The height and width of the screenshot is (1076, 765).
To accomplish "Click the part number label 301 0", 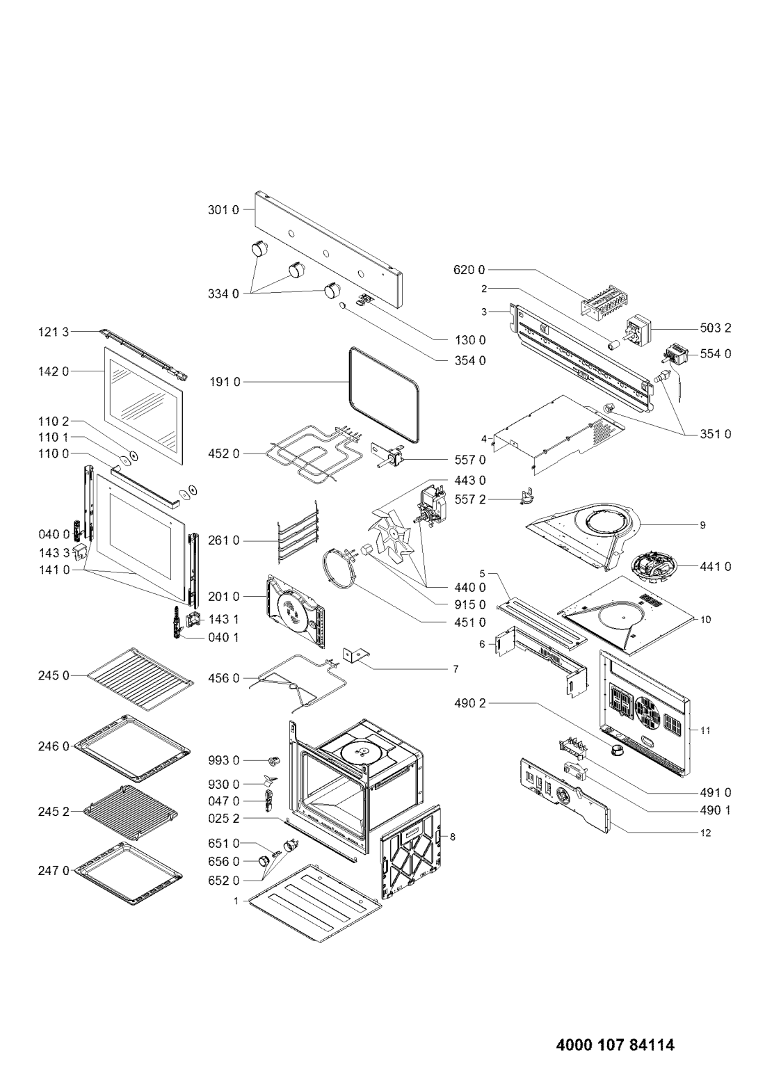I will pyautogui.click(x=223, y=209).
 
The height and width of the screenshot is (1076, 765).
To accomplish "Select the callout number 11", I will pyautogui.click(x=704, y=730).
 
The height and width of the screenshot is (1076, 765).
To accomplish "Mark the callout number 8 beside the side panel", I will pyautogui.click(x=453, y=837).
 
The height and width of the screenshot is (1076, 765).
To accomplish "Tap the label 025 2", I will pyautogui.click(x=223, y=819).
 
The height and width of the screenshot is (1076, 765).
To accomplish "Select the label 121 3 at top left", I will pyautogui.click(x=54, y=333).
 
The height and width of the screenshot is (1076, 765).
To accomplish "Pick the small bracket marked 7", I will pyautogui.click(x=355, y=655).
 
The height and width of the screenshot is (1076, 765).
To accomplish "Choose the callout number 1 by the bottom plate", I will pyautogui.click(x=236, y=901).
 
